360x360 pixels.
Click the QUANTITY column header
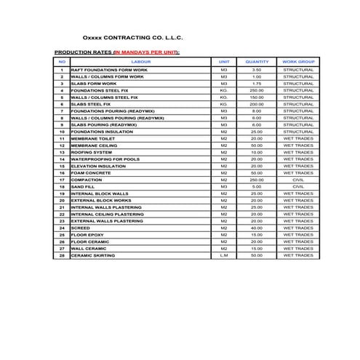pyautogui.click(x=257, y=63)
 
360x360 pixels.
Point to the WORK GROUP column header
pyautogui.click(x=298, y=63)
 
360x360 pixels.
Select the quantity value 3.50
pyautogui.click(x=257, y=70)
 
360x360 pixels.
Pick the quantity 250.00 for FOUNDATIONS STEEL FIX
pyautogui.click(x=257, y=90)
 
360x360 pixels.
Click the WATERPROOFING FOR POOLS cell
pyautogui.click(x=105, y=159)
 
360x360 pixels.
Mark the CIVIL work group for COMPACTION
pyautogui.click(x=298, y=180)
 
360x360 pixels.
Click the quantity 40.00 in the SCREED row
pyautogui.click(x=257, y=228)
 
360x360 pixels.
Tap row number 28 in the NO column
pyautogui.click(x=63, y=255)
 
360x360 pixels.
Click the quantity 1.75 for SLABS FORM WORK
pyautogui.click(x=257, y=84)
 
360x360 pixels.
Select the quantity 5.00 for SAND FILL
pyautogui.click(x=257, y=187)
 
